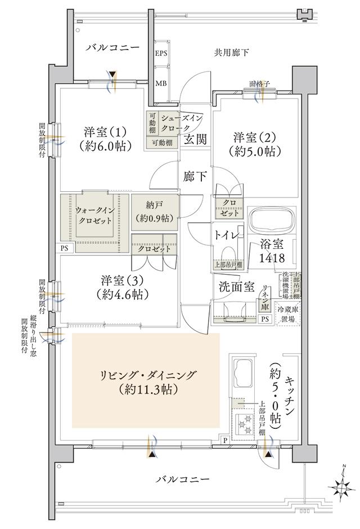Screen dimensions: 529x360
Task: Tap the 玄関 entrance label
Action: [x=195, y=138]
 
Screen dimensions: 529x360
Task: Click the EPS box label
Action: [x=161, y=54]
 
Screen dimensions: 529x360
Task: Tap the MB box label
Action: [x=161, y=83]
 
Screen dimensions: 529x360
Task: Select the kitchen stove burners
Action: [x=245, y=423]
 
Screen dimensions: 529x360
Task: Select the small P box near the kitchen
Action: [x=225, y=440]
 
